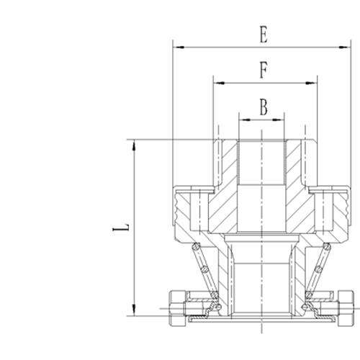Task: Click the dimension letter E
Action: (x=264, y=35)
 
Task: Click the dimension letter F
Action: (x=264, y=70)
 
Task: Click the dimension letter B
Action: (x=264, y=107)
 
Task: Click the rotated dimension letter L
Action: (x=121, y=228)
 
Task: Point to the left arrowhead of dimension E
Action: (x=179, y=48)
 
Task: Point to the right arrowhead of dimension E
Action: (x=343, y=48)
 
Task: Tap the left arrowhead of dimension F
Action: (x=220, y=83)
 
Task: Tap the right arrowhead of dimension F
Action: (x=311, y=83)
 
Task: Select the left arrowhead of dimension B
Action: (x=245, y=120)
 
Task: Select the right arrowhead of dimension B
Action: (x=278, y=120)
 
